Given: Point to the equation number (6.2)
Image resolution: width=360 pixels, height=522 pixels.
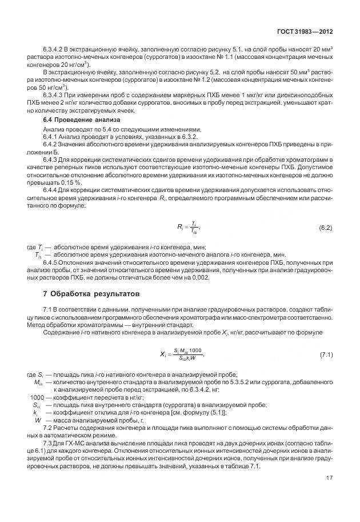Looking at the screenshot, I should tap(325, 228).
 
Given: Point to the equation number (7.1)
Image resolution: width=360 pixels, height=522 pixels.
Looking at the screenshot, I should tap(326, 356).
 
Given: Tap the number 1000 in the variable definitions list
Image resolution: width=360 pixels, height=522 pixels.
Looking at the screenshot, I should tap(37, 397).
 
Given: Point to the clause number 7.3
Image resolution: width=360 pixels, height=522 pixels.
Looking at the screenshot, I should tap(48, 444).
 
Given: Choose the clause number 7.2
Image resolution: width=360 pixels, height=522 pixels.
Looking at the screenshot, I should tap(48, 428).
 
